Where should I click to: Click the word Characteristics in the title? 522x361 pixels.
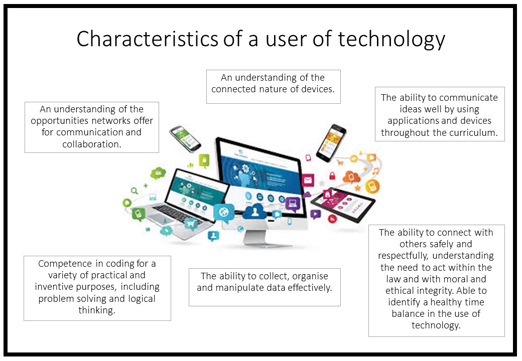point(147,39)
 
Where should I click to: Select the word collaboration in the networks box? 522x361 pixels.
point(91,144)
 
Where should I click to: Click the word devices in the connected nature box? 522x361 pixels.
point(318,89)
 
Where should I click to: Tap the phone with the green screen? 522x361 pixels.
point(185,138)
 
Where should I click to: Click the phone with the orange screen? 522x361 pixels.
point(331,143)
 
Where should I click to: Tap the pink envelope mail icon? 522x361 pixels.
point(308,180)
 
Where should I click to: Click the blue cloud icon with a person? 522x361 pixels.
point(254,212)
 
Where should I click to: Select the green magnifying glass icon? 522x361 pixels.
point(134,191)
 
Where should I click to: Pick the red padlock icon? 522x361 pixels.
point(332,175)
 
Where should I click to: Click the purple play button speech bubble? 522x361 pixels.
point(315,214)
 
